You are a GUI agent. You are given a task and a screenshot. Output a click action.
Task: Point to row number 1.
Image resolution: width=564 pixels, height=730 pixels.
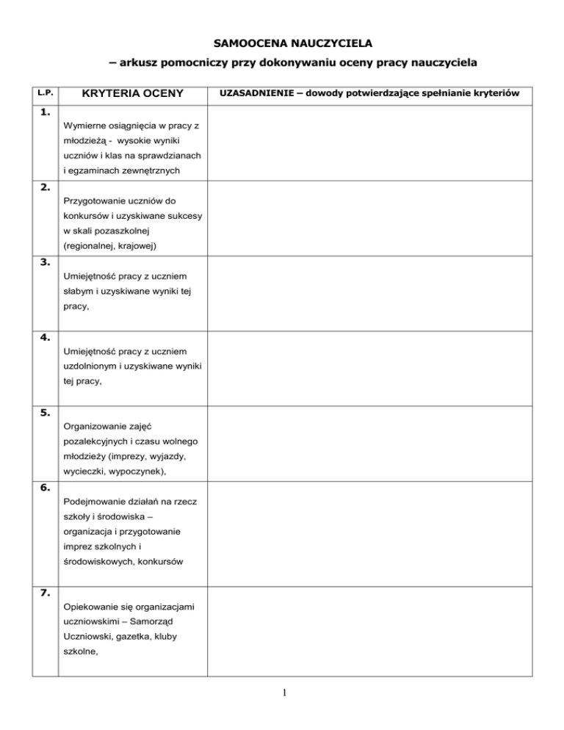tap(46, 112)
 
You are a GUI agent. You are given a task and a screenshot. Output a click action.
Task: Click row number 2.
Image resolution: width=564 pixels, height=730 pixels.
tap(46, 187)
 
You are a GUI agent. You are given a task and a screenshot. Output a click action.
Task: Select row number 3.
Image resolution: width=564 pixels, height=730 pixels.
tap(46, 262)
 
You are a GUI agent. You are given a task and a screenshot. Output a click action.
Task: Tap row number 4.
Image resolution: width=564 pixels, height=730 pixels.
tap(46, 337)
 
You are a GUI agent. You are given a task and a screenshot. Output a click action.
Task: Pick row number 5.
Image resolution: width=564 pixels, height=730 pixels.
tap(46, 412)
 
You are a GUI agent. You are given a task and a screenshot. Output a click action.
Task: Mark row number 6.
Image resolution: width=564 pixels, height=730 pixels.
tap(46, 487)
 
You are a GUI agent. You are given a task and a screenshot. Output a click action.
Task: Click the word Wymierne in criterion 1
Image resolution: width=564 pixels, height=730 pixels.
tap(85, 126)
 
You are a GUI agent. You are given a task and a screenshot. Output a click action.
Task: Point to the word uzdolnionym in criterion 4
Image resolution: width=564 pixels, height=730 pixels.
tap(93, 366)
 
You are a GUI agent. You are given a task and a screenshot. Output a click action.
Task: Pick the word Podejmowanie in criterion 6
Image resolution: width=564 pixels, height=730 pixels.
tap(95, 501)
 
